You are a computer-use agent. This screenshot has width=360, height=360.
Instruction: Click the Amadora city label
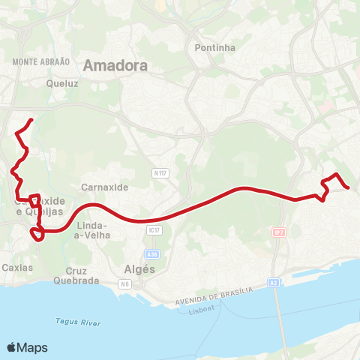[x=115, y=65]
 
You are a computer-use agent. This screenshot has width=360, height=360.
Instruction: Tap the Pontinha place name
[x=214, y=47]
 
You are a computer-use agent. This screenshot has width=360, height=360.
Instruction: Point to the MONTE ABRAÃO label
[x=41, y=61]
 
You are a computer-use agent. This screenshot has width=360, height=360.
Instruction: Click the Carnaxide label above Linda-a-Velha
[x=104, y=187]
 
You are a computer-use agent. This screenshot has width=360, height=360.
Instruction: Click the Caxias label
[x=17, y=267]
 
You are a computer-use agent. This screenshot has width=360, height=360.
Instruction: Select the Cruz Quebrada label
[x=76, y=275]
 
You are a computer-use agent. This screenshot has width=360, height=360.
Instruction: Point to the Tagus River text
[x=78, y=322]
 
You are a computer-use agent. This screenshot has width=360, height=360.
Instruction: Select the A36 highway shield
[x=152, y=254]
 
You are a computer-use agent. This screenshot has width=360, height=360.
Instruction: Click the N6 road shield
[x=124, y=283]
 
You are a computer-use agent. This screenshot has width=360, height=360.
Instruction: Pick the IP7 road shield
[x=279, y=232]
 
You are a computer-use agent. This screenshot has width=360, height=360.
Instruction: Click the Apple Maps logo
[x=27, y=347]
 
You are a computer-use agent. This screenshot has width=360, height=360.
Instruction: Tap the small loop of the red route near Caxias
[x=35, y=235]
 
